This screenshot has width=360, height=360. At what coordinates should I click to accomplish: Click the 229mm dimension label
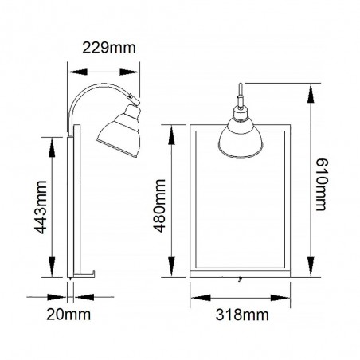tap(109, 48)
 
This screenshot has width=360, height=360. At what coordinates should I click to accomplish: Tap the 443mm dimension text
tap(41, 207)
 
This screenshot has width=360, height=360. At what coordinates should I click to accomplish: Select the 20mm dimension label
tap(68, 315)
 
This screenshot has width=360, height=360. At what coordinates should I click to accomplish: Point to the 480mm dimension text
tap(160, 206)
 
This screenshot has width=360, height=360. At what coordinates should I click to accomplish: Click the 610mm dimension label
tap(322, 185)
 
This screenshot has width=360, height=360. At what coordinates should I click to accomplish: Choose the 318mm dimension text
tap(242, 315)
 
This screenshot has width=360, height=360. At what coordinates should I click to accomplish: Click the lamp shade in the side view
tap(119, 133)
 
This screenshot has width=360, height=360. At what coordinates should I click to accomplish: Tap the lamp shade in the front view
tap(241, 139)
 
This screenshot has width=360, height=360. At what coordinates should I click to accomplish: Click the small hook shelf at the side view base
tap(84, 274)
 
